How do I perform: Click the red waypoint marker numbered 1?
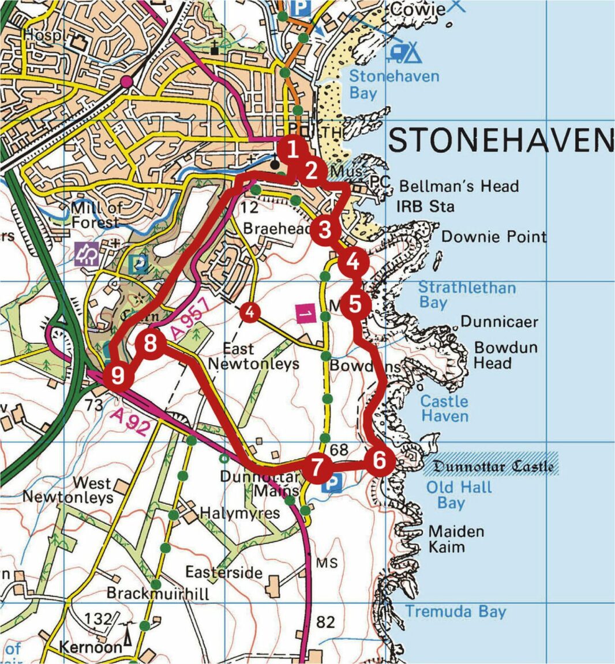[x=292, y=150]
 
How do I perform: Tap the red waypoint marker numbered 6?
[x=379, y=461]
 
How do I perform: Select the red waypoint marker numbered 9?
[x=118, y=376]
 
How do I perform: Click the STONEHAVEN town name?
[x=500, y=140]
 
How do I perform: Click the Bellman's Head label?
[x=459, y=186]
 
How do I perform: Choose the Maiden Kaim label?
[x=456, y=538]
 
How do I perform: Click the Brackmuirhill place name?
[x=157, y=593]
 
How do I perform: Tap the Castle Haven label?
[x=444, y=409]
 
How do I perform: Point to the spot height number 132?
[x=97, y=619]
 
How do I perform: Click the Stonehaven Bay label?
[x=394, y=84]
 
